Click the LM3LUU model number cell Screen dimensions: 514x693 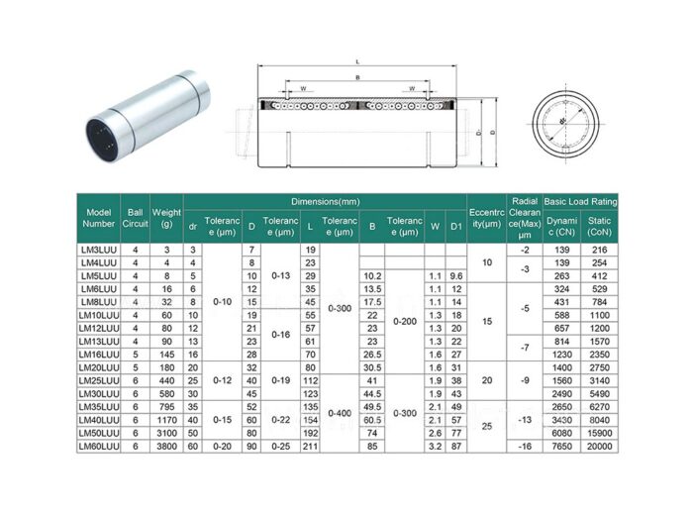pos(99,250)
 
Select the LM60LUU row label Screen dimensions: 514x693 pos(99,447)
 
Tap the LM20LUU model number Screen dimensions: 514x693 pos(99,367)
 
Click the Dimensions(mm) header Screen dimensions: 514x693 pos(325,200)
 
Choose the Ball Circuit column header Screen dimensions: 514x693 pos(136,218)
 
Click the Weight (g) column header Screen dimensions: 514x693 pos(166,218)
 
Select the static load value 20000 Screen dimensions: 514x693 pos(599,447)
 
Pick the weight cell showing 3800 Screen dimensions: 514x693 pos(166,447)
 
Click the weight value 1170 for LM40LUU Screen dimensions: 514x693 pos(166,420)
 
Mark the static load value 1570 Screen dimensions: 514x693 pos(599,341)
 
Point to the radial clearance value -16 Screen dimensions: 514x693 pos(525,447)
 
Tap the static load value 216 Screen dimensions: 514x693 pos(599,250)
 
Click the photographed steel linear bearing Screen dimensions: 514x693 pos(144,117)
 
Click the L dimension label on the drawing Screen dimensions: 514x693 pos(356,61)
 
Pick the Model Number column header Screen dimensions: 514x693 pos(99,218)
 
